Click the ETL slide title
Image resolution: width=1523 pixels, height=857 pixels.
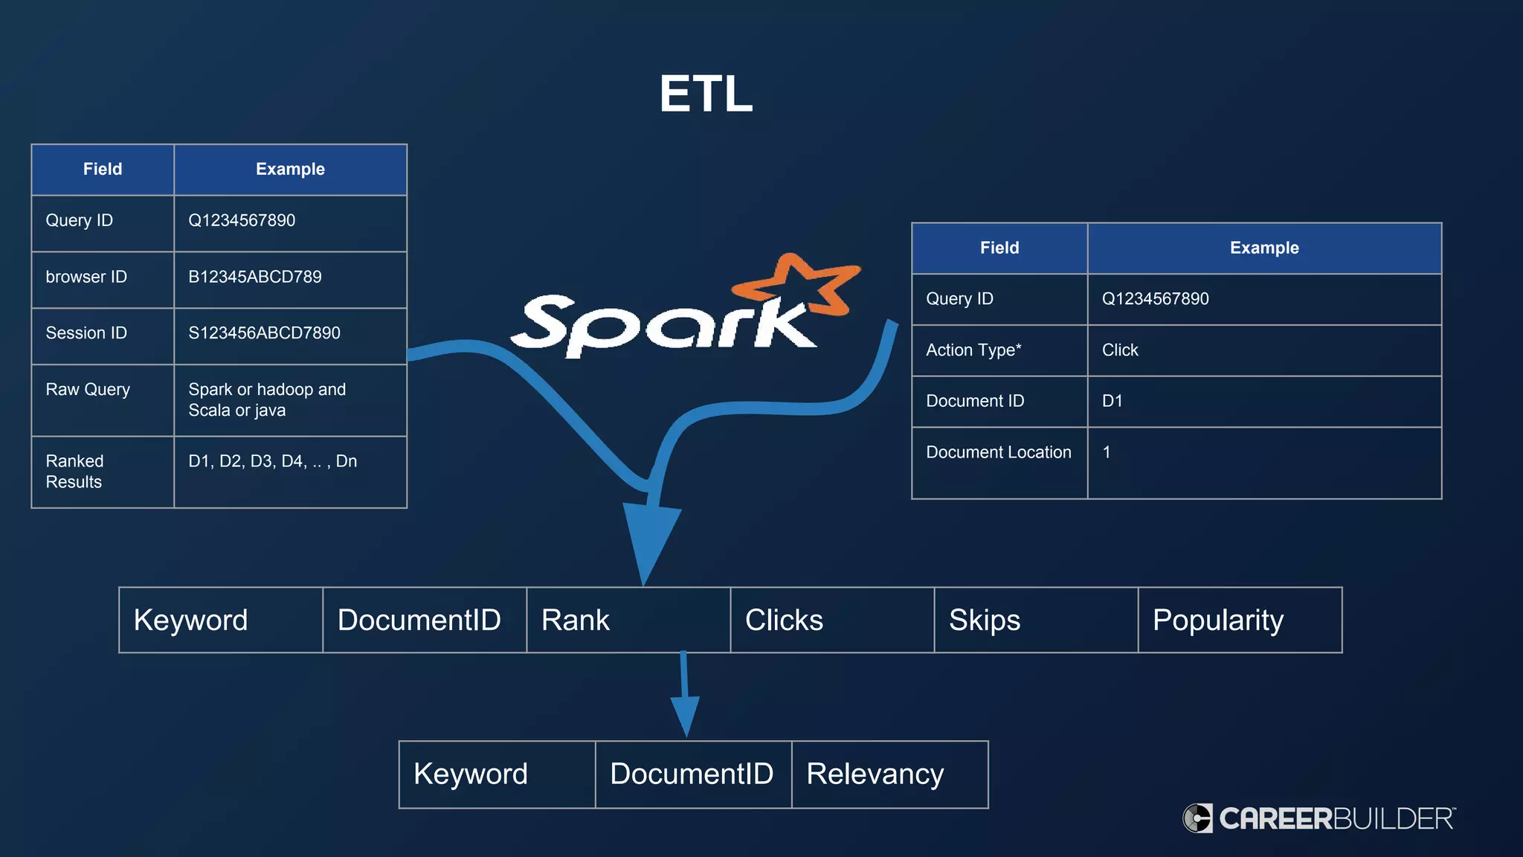[x=706, y=94]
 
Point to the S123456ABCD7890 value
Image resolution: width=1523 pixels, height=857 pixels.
[x=264, y=333]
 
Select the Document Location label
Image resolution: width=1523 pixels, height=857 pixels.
[x=999, y=452]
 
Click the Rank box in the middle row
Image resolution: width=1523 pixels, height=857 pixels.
[x=628, y=620]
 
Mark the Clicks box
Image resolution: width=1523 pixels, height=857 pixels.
[x=831, y=620]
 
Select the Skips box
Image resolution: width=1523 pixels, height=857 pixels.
[x=1035, y=620]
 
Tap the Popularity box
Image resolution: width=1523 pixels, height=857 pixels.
[x=1240, y=620]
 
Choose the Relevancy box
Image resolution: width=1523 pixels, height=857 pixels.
[x=889, y=774]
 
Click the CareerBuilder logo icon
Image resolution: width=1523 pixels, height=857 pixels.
[x=1197, y=818]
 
